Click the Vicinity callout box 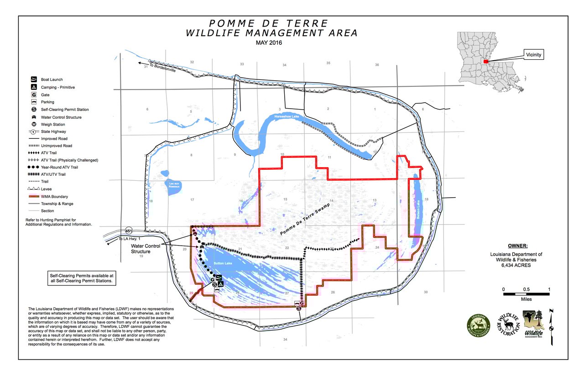[x=532, y=54]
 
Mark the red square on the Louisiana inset [x=486, y=61]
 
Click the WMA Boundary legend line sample [x=34, y=196]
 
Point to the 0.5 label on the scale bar [x=527, y=289]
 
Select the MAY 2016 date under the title [x=269, y=43]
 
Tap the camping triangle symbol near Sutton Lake [x=221, y=284]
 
